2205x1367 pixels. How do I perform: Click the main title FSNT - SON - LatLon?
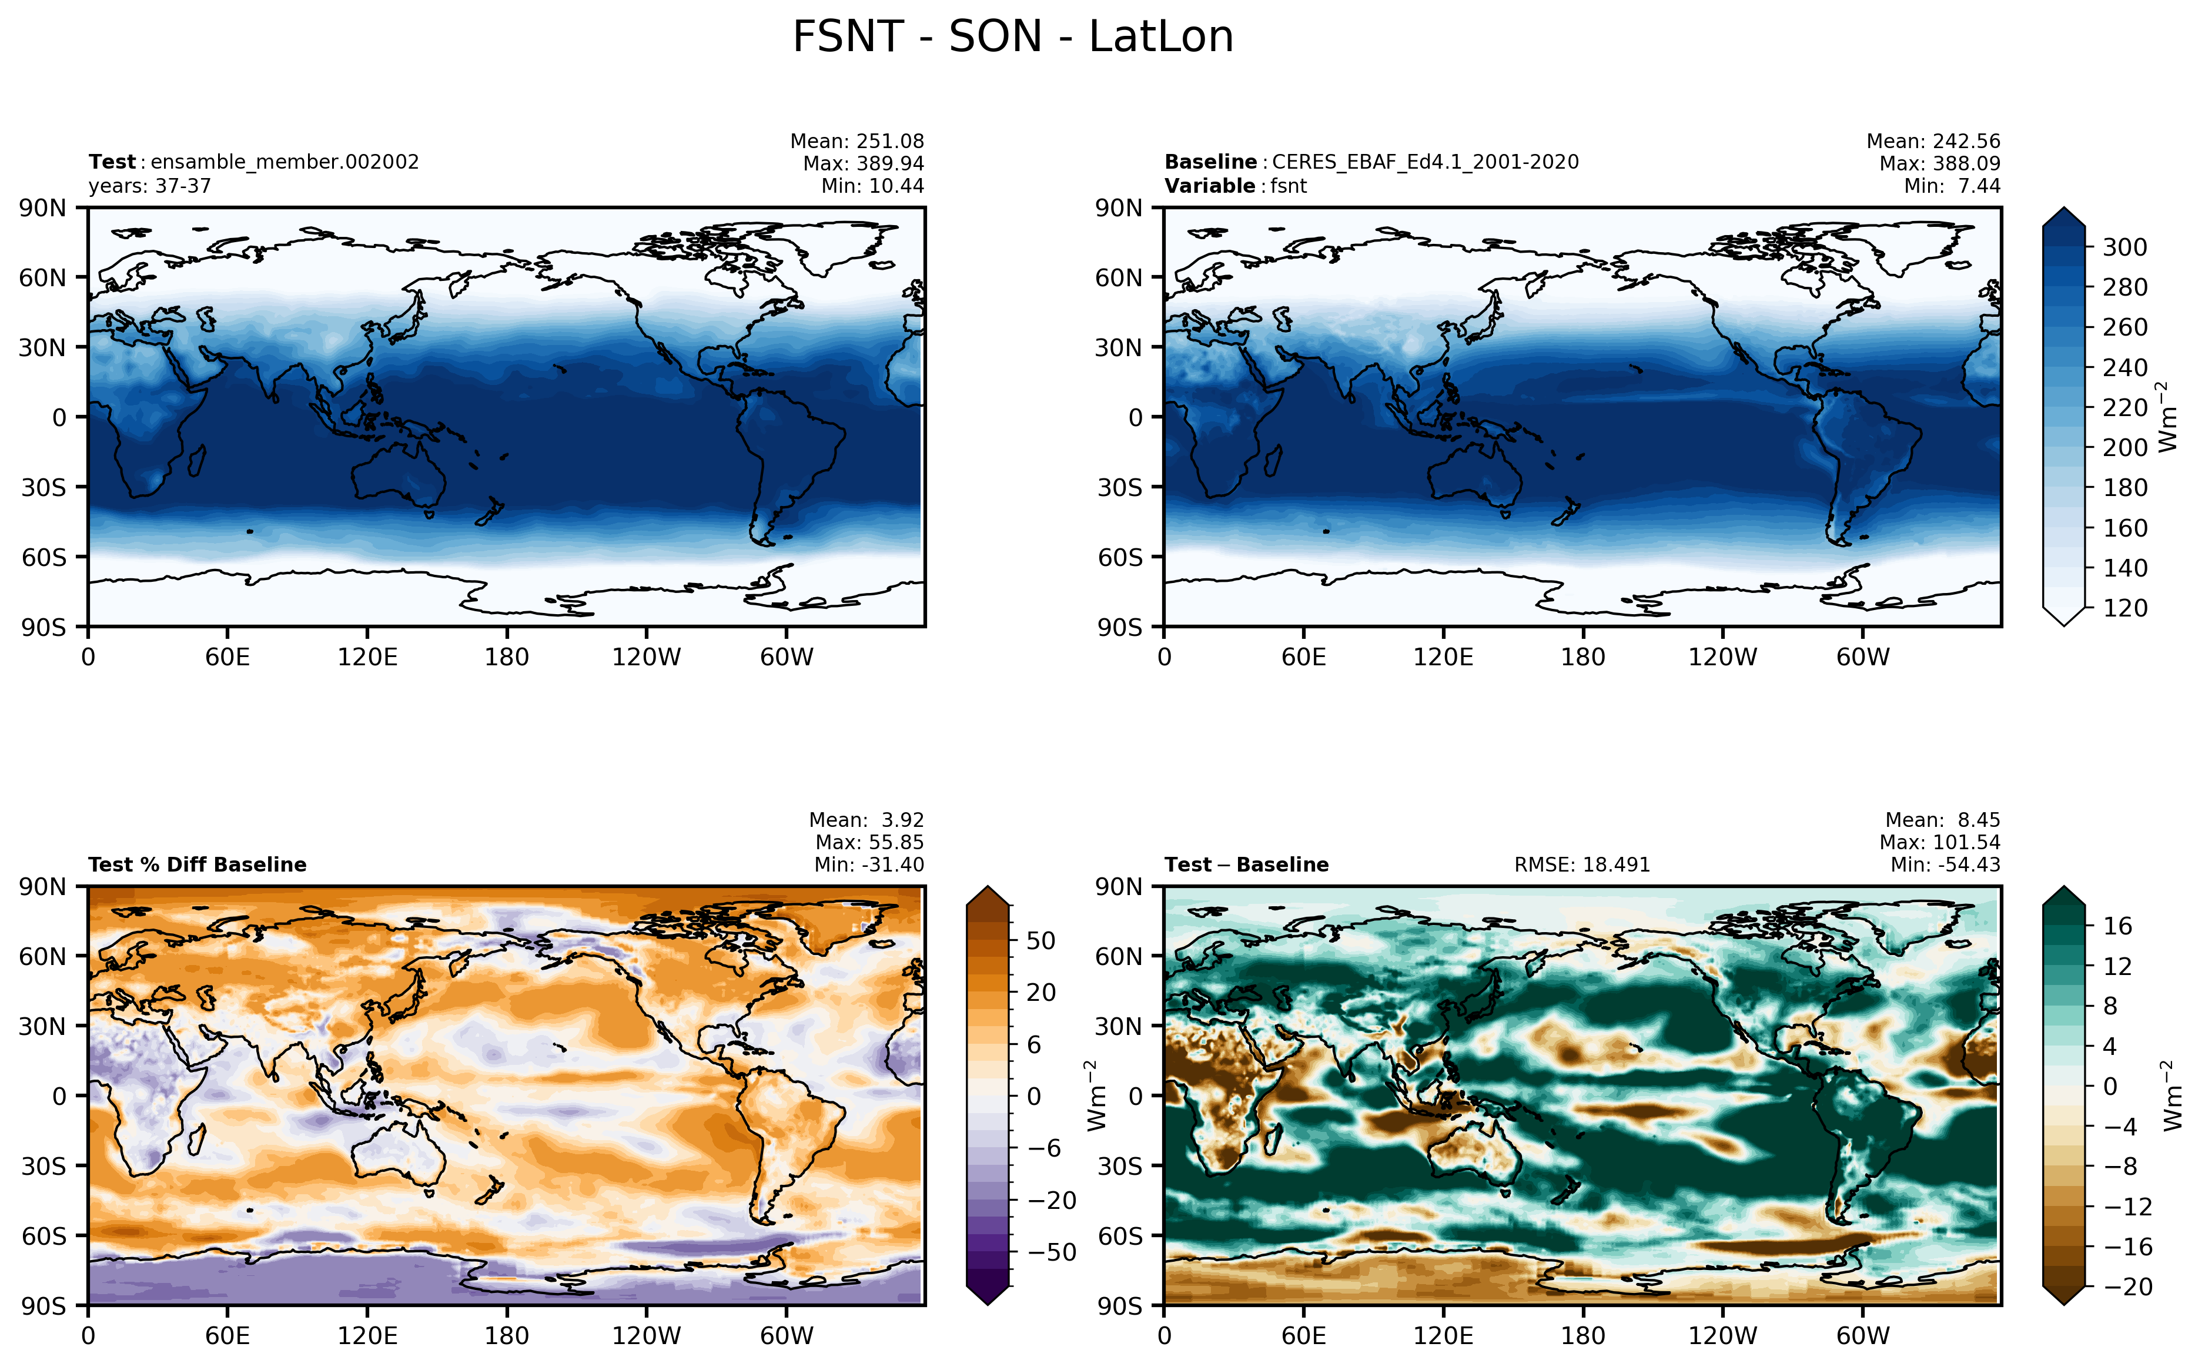pos(1012,37)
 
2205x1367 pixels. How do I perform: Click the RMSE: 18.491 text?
pos(1582,865)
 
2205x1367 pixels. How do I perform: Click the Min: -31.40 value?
pos(869,865)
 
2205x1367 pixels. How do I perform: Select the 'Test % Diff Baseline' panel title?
pos(197,865)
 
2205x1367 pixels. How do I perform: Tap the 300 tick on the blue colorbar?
pos(2124,247)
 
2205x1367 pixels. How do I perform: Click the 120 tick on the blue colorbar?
pos(2124,608)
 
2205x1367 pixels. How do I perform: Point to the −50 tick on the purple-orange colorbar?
pos(1052,1252)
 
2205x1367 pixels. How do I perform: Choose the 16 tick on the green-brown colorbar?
pos(2117,926)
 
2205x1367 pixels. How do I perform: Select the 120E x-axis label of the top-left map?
pos(367,657)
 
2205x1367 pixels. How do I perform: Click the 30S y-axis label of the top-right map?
pos(1119,487)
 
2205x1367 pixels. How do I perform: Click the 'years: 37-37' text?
pos(150,186)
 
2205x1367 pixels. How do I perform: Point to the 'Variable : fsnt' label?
pos(1235,186)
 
